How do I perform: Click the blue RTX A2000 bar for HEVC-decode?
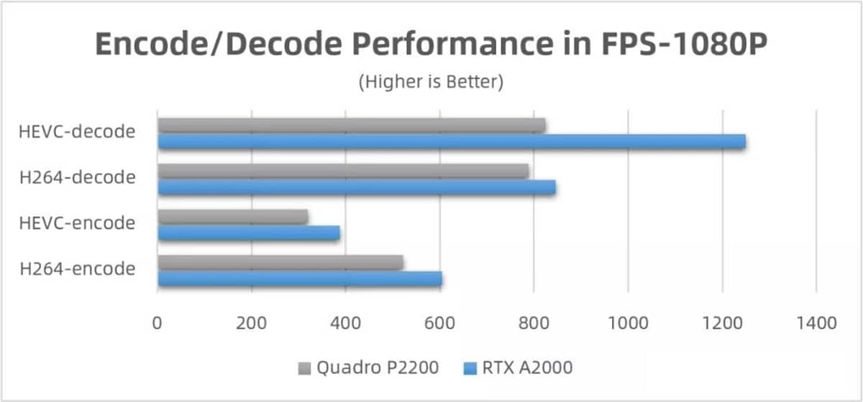pyautogui.click(x=452, y=142)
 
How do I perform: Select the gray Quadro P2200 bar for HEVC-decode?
pyautogui.click(x=351, y=126)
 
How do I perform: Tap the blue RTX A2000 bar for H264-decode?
pyautogui.click(x=357, y=188)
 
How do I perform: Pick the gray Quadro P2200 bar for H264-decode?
pyautogui.click(x=343, y=172)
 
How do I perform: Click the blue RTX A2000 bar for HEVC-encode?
pyautogui.click(x=249, y=233)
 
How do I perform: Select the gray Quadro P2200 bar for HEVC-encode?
pyautogui.click(x=233, y=217)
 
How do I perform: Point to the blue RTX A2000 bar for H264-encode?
pyautogui.click(x=300, y=279)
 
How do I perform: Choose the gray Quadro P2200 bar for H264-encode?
pyautogui.click(x=280, y=263)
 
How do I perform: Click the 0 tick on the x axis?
pyautogui.click(x=157, y=323)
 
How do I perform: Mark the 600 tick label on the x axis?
pyautogui.click(x=439, y=323)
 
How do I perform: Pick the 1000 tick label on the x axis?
pyautogui.click(x=628, y=323)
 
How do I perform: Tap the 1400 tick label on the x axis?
pyautogui.click(x=816, y=323)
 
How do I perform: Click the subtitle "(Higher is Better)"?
pyautogui.click(x=431, y=82)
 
